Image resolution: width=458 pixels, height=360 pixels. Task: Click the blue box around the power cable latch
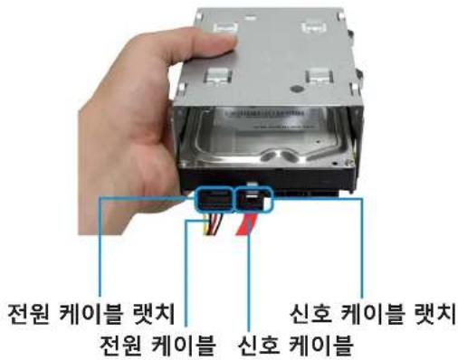click(213, 197)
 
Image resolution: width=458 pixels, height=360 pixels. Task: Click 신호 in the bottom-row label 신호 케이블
click(256, 345)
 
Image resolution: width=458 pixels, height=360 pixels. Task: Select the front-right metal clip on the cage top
click(318, 79)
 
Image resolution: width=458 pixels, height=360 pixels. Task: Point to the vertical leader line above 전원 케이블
click(190, 271)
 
